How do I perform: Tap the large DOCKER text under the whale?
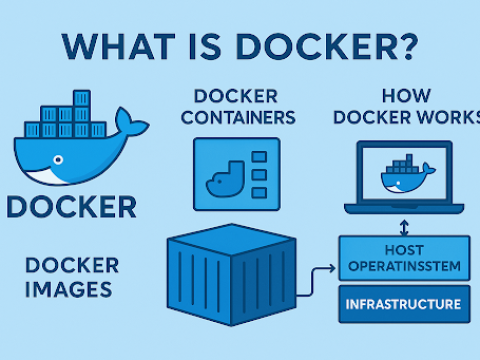tap(71, 207)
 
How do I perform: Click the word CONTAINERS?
tap(245, 117)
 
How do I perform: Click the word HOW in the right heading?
tap(405, 97)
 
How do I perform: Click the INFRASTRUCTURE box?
tap(404, 302)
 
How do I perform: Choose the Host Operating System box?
tap(404, 258)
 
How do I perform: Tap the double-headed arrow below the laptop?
tap(403, 226)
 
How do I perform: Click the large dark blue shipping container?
tap(232, 280)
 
